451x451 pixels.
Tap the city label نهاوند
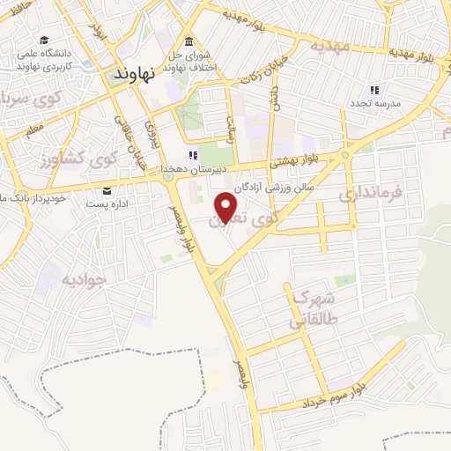click(134, 76)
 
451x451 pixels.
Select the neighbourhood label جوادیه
click(84, 279)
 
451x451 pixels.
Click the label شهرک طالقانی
click(309, 307)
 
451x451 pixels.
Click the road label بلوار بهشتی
click(292, 159)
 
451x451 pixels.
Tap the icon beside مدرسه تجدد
click(373, 90)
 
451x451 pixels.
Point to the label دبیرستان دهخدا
click(193, 168)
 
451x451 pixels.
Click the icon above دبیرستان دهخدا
click(193, 155)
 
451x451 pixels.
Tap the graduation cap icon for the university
click(43, 41)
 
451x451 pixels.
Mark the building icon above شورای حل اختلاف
click(189, 41)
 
